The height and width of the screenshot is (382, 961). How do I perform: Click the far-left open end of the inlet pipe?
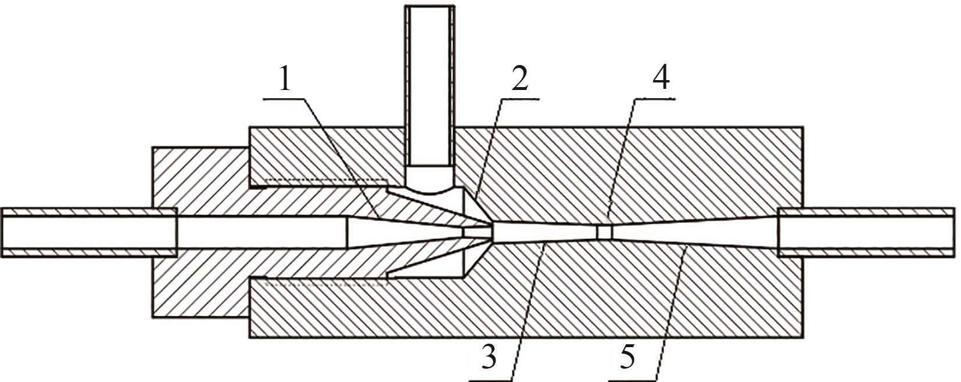(3, 232)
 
